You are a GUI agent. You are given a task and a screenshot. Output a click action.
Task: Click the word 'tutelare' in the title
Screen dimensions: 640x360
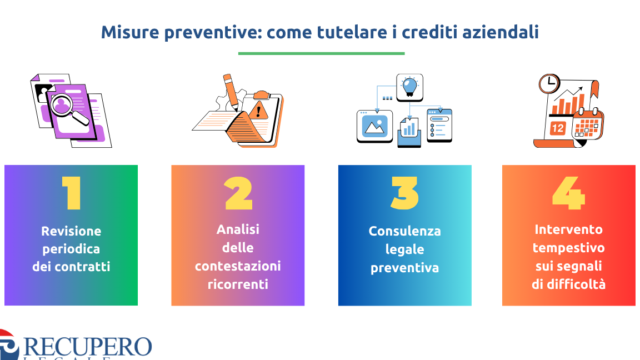(x=352, y=32)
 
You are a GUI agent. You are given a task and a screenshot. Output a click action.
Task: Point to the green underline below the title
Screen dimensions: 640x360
(x=321, y=53)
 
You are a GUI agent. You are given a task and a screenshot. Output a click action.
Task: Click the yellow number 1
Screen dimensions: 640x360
(x=72, y=193)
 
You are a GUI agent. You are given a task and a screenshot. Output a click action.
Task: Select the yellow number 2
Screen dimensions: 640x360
(x=238, y=193)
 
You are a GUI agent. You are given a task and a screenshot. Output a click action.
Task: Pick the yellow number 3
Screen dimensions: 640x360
(x=404, y=193)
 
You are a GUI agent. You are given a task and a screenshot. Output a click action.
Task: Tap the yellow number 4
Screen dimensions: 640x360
(x=568, y=193)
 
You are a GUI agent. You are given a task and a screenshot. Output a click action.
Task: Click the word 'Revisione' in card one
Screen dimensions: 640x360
(x=71, y=231)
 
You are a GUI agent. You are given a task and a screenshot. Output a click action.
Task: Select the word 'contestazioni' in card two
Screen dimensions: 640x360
(x=238, y=266)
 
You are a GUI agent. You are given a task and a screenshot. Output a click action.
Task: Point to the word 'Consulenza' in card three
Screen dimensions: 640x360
(x=404, y=231)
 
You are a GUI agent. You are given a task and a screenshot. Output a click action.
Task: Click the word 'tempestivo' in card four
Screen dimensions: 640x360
(x=568, y=248)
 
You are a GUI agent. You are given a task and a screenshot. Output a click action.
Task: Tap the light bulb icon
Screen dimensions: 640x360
(x=410, y=87)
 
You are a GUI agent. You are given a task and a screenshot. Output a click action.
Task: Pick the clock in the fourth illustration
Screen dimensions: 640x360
(x=549, y=84)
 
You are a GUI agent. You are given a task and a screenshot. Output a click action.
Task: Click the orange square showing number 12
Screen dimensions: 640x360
(x=557, y=128)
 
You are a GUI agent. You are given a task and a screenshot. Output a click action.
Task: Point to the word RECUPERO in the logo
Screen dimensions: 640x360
(x=88, y=347)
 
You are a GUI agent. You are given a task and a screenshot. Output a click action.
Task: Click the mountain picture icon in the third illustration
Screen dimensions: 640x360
(x=374, y=126)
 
